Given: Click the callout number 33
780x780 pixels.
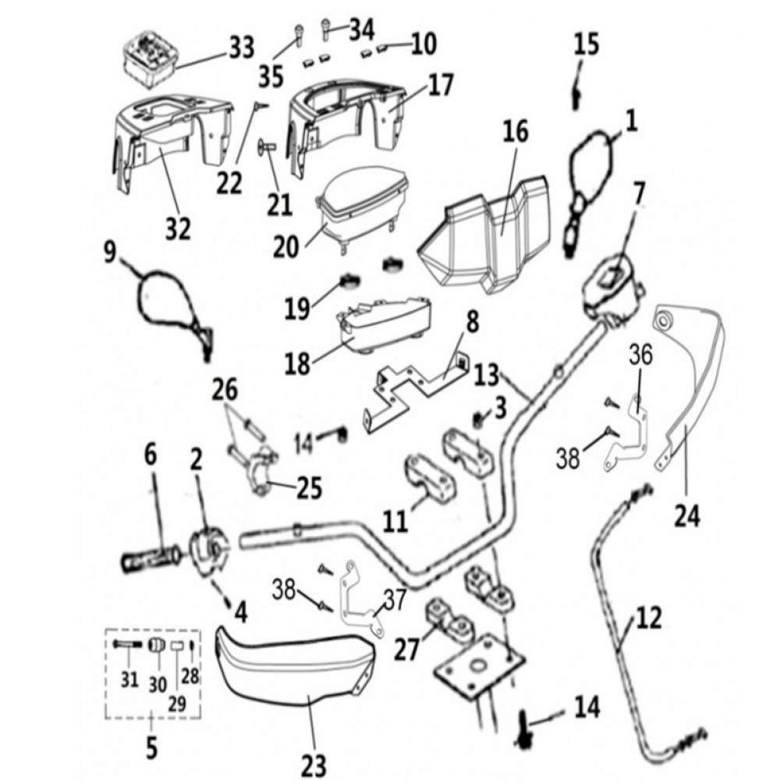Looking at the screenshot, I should point(241,48).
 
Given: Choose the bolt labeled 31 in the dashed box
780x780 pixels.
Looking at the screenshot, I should point(126,645).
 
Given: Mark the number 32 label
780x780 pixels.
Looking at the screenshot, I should point(177,229).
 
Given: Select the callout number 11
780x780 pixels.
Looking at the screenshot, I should point(395,520).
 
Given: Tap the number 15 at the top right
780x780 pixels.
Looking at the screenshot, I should point(587,44).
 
